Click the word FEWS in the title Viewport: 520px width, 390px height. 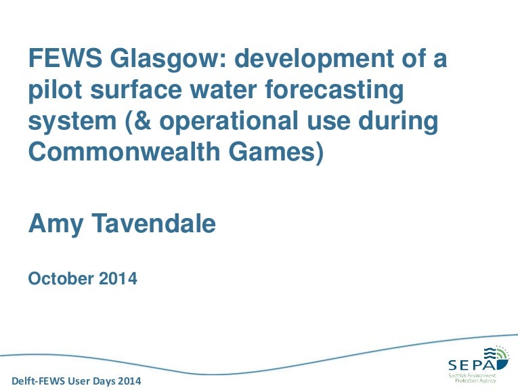point(65,58)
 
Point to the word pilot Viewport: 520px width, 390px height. point(55,90)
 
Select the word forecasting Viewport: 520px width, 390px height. point(334,90)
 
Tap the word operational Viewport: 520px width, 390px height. point(229,122)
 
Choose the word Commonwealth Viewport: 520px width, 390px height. point(125,152)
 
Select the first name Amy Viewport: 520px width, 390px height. point(56,225)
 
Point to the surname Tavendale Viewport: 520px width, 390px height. point(154,223)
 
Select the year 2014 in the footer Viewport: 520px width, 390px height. point(130,381)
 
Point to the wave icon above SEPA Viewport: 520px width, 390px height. point(496,355)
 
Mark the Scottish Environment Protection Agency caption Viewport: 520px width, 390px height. point(472,378)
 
